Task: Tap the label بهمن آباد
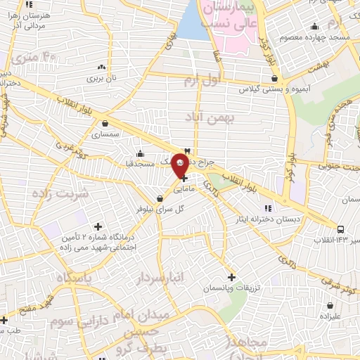coord(208,116)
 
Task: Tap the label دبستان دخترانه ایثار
coord(267,219)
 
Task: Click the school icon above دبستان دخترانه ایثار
coord(267,208)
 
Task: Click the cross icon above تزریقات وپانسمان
coord(231,277)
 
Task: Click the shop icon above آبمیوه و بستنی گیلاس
coord(274,79)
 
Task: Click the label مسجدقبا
coord(141,164)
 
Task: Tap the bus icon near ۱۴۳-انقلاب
coord(340,230)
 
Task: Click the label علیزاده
coord(329,317)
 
